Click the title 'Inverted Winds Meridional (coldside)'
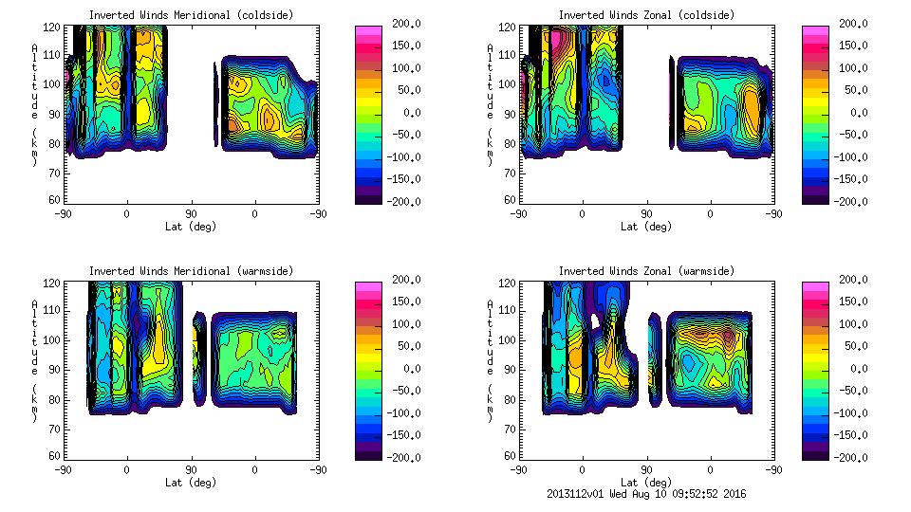(191, 15)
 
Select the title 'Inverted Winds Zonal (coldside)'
(646, 15)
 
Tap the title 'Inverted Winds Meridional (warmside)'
(191, 271)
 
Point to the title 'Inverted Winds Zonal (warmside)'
(646, 271)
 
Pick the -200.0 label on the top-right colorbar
(851, 201)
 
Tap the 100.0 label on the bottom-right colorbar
(851, 323)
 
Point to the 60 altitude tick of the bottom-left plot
(55, 456)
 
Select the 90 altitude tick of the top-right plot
(511, 113)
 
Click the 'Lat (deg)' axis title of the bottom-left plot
(191, 482)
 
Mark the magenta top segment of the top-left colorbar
(367, 31)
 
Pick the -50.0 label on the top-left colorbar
(403, 135)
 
